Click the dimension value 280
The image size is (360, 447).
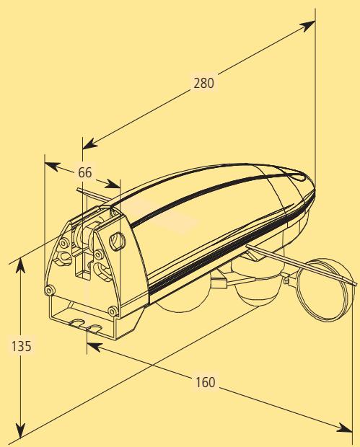(203, 83)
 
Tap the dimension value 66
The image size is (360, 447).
(84, 172)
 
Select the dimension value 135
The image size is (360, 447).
(22, 346)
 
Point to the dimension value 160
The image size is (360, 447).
(205, 382)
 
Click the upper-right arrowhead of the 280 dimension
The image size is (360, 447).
(307, 26)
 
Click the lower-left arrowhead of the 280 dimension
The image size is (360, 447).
(90, 144)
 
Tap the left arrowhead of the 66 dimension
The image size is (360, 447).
(52, 166)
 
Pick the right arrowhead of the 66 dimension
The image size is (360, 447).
(113, 184)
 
